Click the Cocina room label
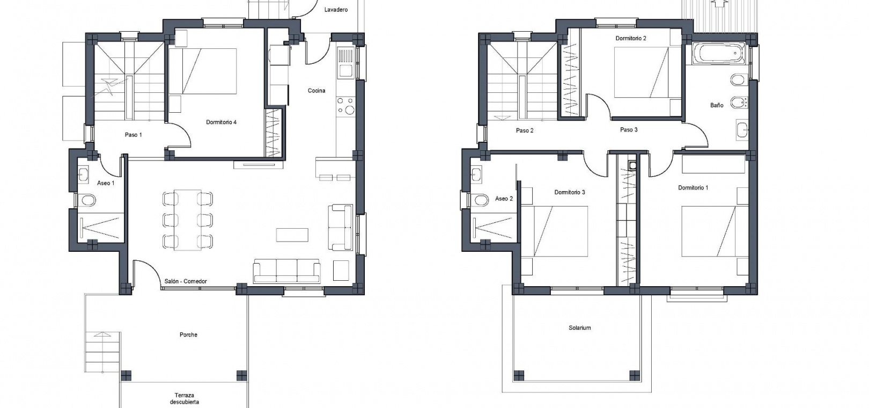(x=316, y=90)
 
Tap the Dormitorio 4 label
(x=221, y=122)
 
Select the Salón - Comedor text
(x=186, y=281)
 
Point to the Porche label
(x=188, y=334)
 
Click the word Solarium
(x=579, y=327)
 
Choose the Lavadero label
(x=336, y=10)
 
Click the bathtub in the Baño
(x=718, y=54)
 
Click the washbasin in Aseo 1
(x=83, y=174)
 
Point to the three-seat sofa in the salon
(x=286, y=271)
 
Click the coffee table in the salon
(x=292, y=235)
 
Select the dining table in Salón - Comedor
(x=187, y=220)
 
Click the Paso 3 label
(x=629, y=130)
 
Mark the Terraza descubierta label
(x=185, y=399)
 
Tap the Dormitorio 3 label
(x=570, y=192)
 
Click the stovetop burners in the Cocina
(x=345, y=106)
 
